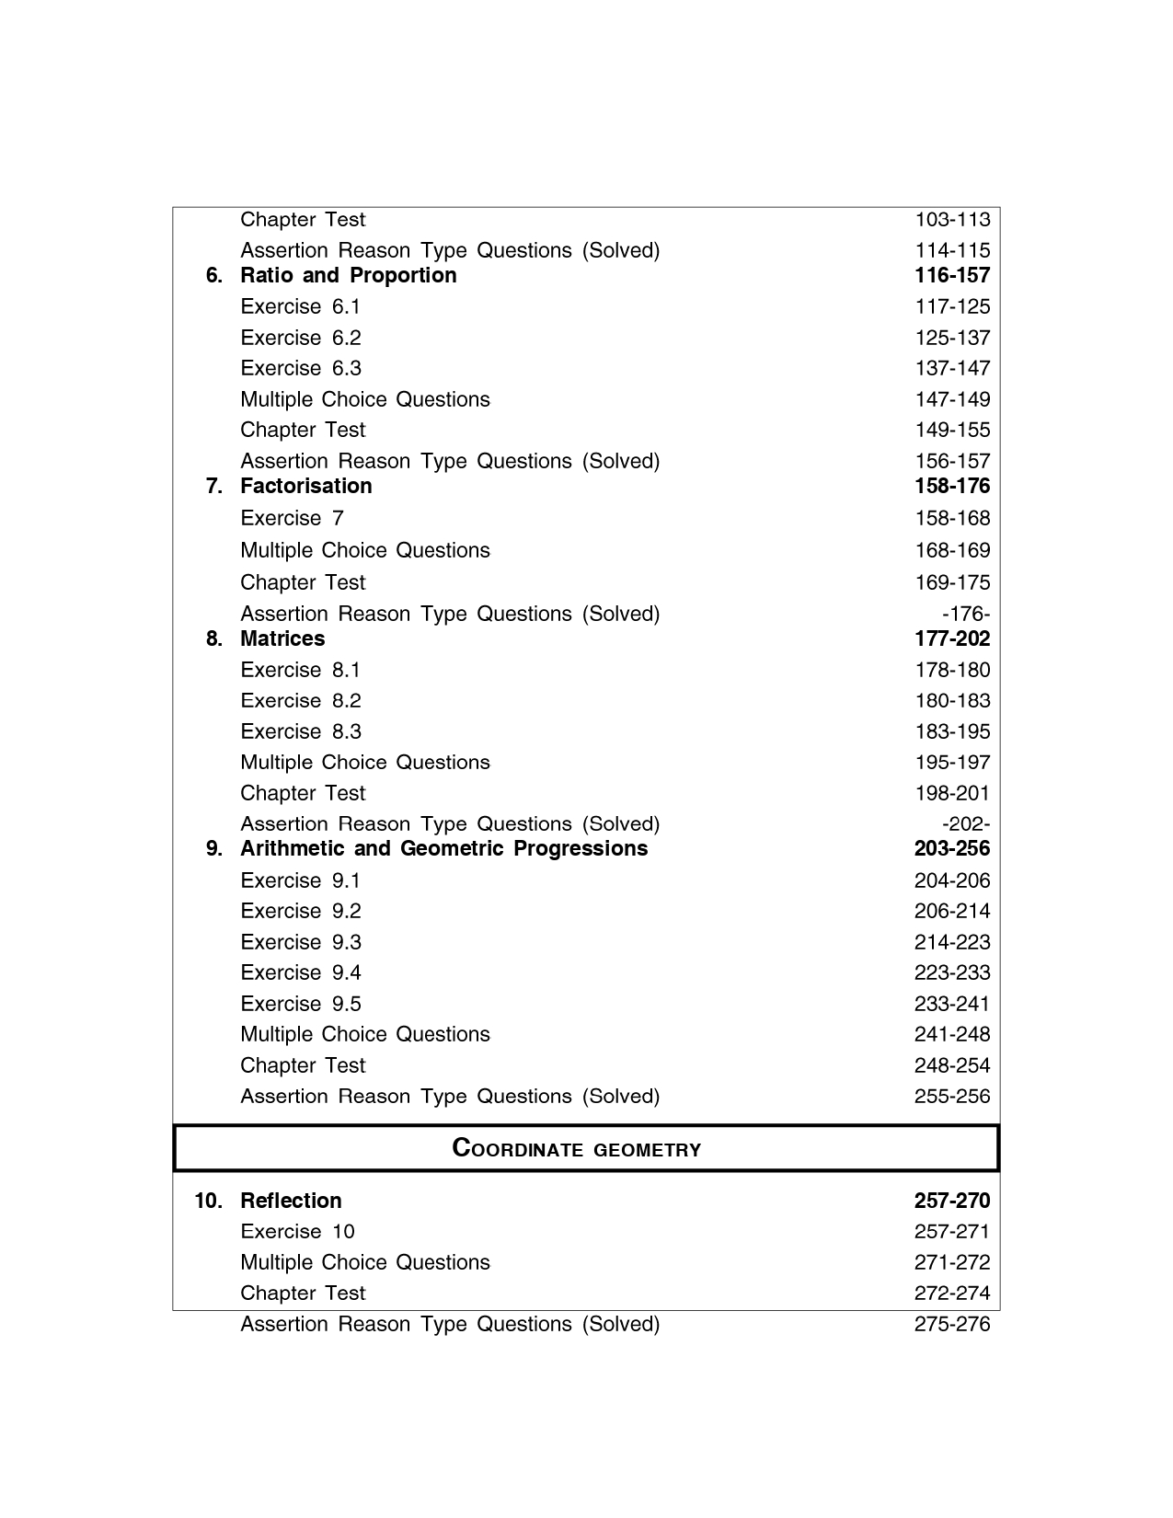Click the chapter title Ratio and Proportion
click(x=348, y=276)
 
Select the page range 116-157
click(x=951, y=276)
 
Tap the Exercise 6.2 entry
click(x=300, y=338)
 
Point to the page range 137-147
click(x=951, y=369)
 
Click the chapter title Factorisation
click(x=305, y=487)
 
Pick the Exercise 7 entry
click(x=292, y=519)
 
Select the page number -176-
click(x=965, y=615)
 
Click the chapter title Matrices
click(x=282, y=639)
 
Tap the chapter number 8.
click(x=213, y=639)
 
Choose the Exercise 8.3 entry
click(x=300, y=732)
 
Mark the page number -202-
click(x=965, y=824)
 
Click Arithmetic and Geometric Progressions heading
click(x=443, y=849)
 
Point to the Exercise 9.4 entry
click(x=300, y=973)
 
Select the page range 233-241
click(x=951, y=1005)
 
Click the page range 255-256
click(x=951, y=1097)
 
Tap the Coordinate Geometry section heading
click(x=577, y=1149)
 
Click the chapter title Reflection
click(x=290, y=1202)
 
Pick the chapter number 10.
click(x=208, y=1202)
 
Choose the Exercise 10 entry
click(x=297, y=1232)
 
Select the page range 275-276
click(x=951, y=1325)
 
